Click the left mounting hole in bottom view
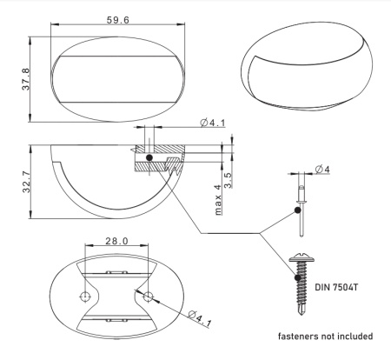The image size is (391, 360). point(86,297)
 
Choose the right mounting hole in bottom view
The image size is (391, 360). point(148,297)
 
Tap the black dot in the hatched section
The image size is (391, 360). point(149,158)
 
